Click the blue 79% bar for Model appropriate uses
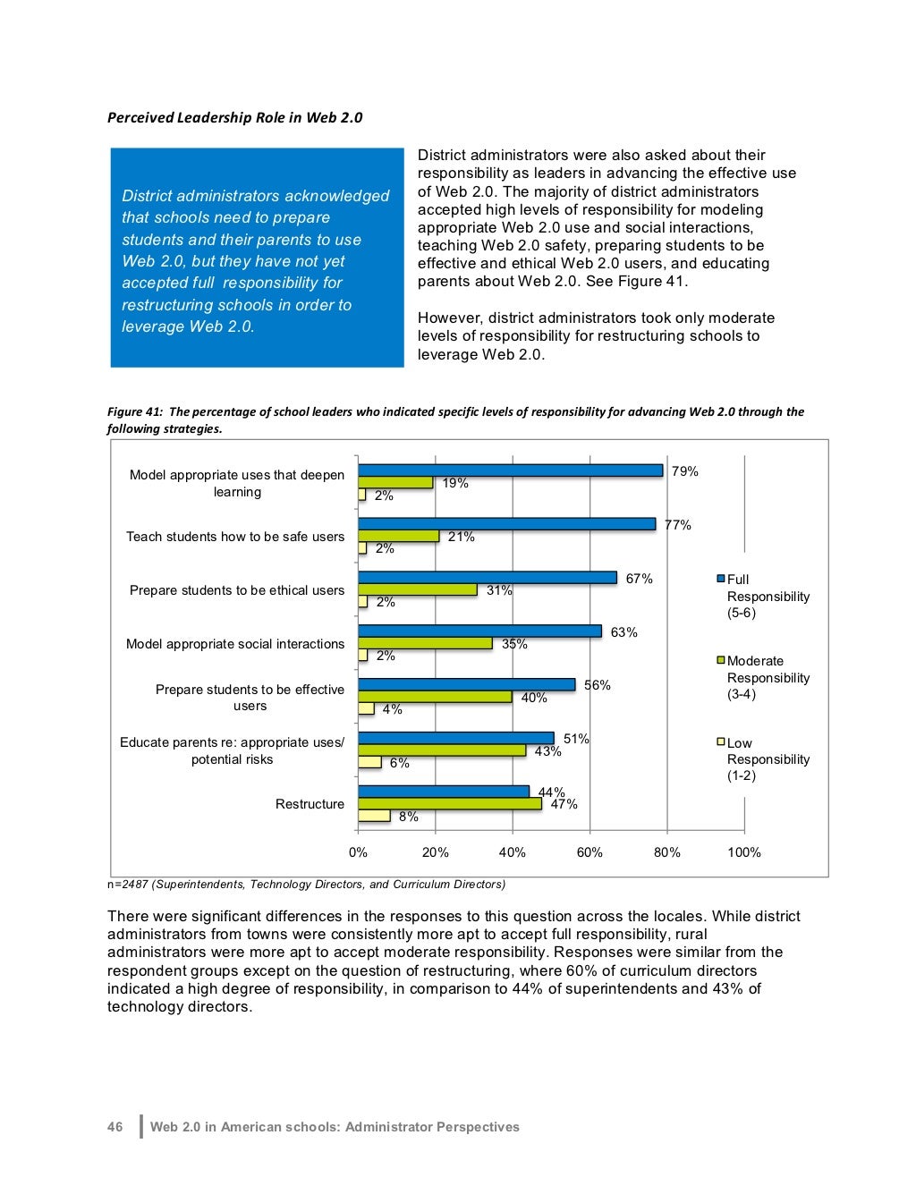(510, 470)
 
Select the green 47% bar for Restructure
(450, 803)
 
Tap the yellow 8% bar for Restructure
(374, 816)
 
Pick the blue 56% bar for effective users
(466, 684)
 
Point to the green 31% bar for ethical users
(417, 589)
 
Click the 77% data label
(678, 525)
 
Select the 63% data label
(624, 632)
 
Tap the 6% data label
(399, 763)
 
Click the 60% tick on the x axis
(589, 852)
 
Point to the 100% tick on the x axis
(744, 852)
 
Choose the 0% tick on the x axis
(358, 852)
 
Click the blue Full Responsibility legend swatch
(721, 580)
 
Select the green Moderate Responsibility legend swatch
(721, 661)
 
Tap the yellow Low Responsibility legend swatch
(721, 742)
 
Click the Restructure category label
(310, 804)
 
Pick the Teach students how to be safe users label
(235, 537)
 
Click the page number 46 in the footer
(115, 1127)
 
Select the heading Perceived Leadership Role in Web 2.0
(234, 117)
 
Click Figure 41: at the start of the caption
(135, 411)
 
